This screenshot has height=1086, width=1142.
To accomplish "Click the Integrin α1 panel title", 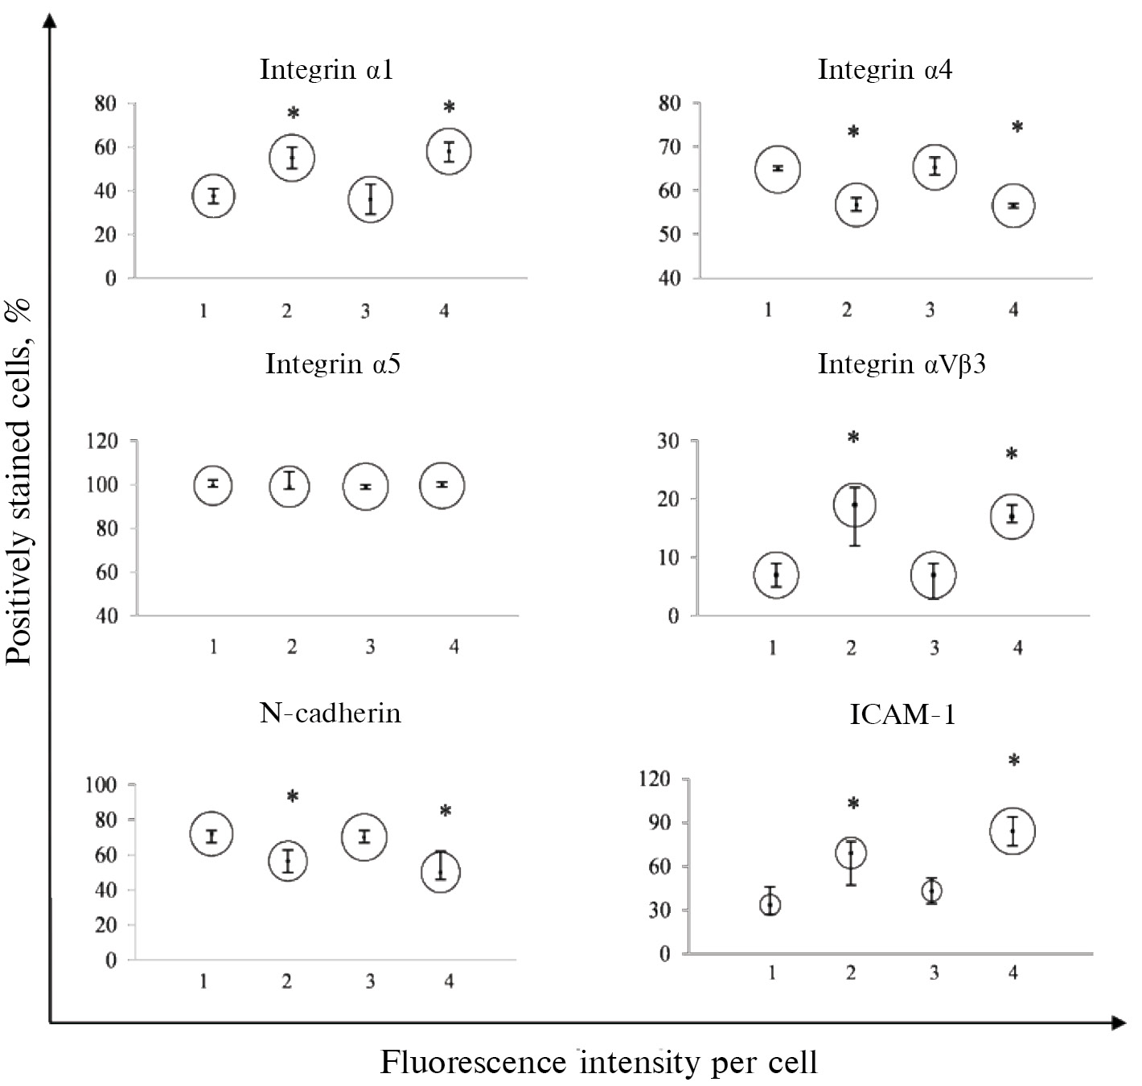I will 327,69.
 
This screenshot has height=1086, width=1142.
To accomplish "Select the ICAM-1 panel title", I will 902,714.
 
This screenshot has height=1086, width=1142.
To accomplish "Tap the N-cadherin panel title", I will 330,713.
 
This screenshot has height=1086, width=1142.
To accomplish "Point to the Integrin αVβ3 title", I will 902,364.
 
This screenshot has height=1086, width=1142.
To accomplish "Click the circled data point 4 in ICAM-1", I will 1013,831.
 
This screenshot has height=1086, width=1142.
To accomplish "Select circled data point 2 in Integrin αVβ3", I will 854,504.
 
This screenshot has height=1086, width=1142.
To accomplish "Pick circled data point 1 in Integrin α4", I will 777,168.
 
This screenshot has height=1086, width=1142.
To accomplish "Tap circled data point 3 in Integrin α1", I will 370,200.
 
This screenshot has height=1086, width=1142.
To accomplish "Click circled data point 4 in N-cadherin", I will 440,871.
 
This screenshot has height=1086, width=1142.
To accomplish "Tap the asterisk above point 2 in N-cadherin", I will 293,797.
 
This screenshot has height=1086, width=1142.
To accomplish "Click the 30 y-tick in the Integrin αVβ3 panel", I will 669,441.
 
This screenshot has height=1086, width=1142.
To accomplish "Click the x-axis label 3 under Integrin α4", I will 930,310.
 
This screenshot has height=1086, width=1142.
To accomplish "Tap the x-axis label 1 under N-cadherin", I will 204,981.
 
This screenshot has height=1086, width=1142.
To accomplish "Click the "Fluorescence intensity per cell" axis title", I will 598,1062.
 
